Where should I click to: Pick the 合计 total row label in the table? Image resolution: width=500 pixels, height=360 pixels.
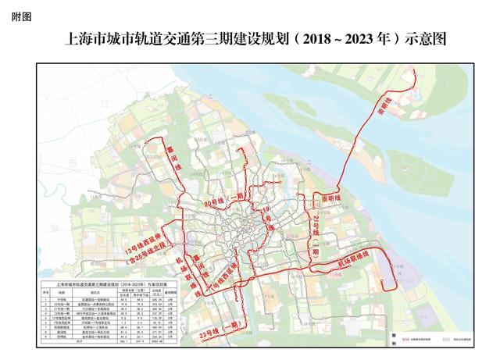70,341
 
